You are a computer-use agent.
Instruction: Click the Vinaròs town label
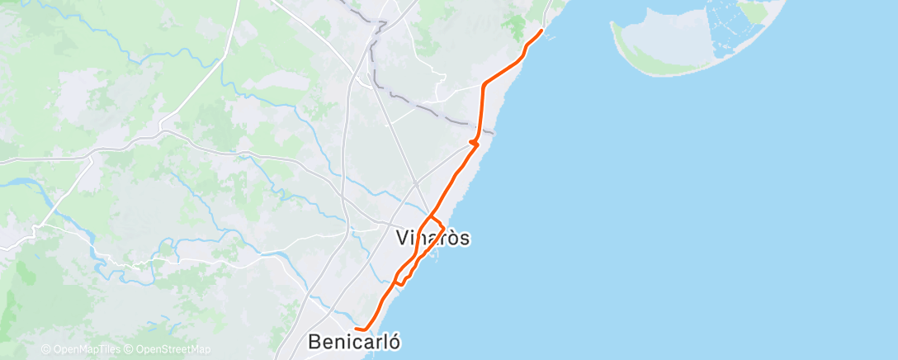[x=433, y=239]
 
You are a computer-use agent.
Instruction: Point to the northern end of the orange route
[x=541, y=31]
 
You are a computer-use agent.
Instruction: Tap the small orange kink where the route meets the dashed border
[x=473, y=143]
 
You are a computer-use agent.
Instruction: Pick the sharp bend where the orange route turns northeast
[x=483, y=84]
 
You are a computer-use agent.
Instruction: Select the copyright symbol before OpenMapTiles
[x=45, y=350]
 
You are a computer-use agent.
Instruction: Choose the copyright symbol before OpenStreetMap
[x=130, y=350]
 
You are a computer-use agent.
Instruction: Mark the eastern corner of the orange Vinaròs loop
[x=445, y=227]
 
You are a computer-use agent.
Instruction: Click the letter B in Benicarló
[x=315, y=340]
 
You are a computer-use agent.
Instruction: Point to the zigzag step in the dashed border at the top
[x=380, y=25]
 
